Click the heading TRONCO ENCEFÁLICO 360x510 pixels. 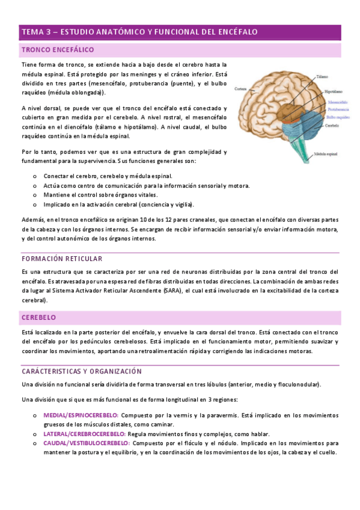tap(57, 50)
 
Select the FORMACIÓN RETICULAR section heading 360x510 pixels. tap(61, 259)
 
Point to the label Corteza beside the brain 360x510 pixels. tap(241, 88)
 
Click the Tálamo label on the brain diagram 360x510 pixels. tap(322, 77)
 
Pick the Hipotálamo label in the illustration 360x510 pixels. tap(334, 92)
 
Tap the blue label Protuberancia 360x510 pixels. tap(338, 110)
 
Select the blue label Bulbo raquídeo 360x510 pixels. tap(338, 118)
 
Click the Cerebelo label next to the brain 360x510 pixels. tap(332, 126)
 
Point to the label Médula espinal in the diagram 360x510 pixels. tap(328, 154)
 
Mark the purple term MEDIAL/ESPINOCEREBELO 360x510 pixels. tap(81, 416)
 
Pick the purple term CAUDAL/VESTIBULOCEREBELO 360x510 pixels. tap(86, 443)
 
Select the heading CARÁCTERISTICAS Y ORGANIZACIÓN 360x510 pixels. tap(81, 372)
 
